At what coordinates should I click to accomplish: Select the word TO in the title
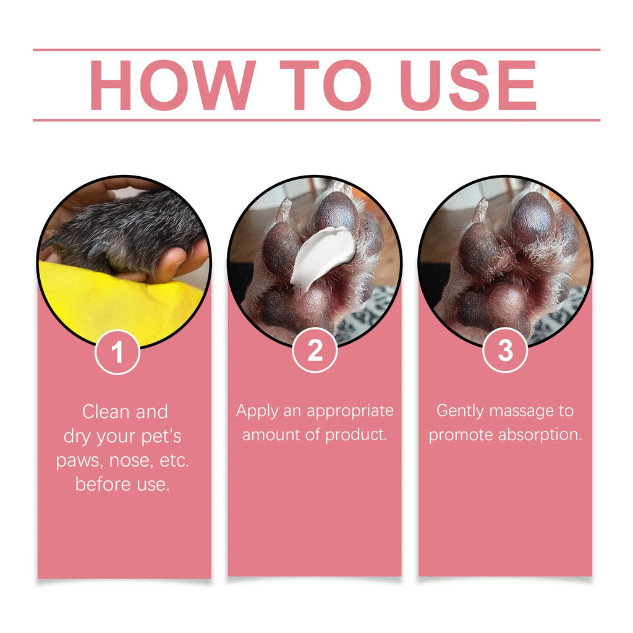325,85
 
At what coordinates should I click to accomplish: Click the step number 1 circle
117,352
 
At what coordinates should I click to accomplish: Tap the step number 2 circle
315,350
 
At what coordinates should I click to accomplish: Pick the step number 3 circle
505,350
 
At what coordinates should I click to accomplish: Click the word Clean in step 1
106,412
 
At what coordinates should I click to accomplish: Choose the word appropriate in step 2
350,412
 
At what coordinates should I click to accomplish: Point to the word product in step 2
356,435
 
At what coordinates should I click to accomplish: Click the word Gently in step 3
460,411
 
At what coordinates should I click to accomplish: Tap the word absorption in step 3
540,435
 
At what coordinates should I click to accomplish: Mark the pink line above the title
316,50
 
